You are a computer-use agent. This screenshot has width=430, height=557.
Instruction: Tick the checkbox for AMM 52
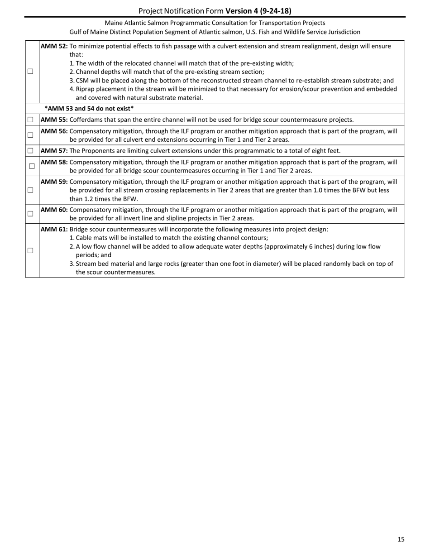[x=30, y=72]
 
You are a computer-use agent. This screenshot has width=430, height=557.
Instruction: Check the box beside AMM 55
[x=30, y=120]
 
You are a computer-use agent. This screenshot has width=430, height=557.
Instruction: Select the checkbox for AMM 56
[x=30, y=135]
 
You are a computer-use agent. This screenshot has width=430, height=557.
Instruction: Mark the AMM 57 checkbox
[x=30, y=151]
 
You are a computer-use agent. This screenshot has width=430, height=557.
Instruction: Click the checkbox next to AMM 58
[x=32, y=166]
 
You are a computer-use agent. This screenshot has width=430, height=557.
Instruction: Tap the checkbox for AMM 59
[x=30, y=190]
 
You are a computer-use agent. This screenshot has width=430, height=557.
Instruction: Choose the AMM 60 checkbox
[x=30, y=214]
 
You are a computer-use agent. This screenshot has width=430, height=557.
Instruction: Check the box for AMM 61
[x=30, y=250]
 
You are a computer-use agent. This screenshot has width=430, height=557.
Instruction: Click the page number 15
[x=401, y=539]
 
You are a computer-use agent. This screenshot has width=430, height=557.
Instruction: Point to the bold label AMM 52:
[x=54, y=46]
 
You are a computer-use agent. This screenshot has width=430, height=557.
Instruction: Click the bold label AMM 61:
[x=54, y=229]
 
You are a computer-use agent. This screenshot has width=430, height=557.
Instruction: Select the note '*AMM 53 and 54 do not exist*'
[x=89, y=109]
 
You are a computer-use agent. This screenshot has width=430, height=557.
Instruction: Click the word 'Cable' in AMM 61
[x=85, y=238]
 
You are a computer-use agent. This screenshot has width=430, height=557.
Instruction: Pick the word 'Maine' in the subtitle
[x=113, y=23]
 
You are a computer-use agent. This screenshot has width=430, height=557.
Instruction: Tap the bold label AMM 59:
[x=54, y=182]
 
